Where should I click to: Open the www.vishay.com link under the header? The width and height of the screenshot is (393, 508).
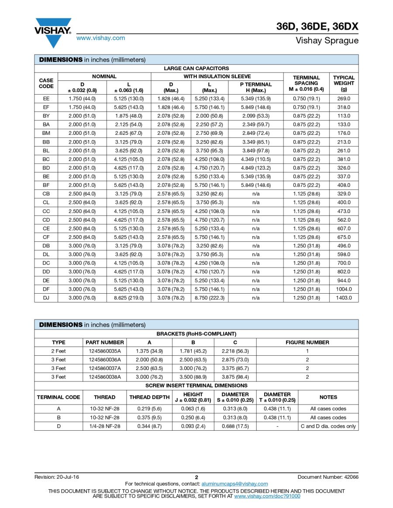[x=100, y=38]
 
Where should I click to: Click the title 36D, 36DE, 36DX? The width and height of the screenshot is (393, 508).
[x=317, y=27]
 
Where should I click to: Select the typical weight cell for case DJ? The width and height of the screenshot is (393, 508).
[x=344, y=298]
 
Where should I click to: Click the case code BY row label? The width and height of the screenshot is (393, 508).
[x=46, y=116]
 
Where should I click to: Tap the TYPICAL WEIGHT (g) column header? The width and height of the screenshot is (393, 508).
[x=344, y=83]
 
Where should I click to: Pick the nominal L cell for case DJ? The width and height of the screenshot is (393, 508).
[x=129, y=298]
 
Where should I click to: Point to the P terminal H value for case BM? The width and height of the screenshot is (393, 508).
[x=256, y=133]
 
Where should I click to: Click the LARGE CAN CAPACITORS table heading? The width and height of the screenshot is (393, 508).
[x=196, y=69]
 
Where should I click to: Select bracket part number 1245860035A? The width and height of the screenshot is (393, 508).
[x=105, y=351]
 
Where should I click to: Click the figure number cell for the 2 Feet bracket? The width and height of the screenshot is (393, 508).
[x=307, y=351]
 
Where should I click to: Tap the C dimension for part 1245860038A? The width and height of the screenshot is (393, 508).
[x=235, y=377]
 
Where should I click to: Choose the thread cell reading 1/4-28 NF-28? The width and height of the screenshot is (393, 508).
[x=105, y=426]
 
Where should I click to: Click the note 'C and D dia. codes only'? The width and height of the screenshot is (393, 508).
[x=328, y=426]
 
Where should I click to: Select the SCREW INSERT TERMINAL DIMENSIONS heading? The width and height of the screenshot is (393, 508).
[x=196, y=385]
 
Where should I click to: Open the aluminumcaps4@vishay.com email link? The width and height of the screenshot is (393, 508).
[x=234, y=484]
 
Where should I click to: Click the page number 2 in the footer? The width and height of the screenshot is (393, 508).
[x=196, y=477]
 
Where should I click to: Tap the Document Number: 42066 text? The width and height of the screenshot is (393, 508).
[x=328, y=477]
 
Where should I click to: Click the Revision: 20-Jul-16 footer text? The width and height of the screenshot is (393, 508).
[x=57, y=477]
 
